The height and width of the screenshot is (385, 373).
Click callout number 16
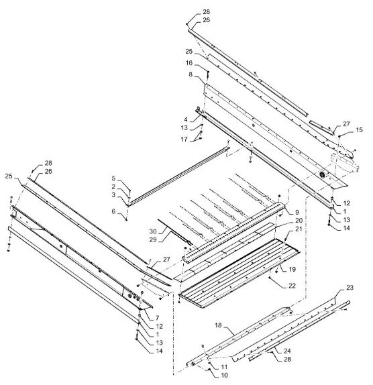click(x=189, y=63)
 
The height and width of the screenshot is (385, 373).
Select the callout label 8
click(x=191, y=74)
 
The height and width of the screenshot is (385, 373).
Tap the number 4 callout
click(x=186, y=119)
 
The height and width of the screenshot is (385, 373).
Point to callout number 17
click(x=184, y=140)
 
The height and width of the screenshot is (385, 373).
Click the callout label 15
click(x=359, y=130)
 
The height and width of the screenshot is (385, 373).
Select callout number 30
click(x=153, y=231)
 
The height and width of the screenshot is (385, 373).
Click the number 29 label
click(x=153, y=239)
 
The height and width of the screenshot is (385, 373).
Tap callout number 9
click(x=297, y=212)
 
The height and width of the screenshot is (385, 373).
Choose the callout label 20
click(x=299, y=221)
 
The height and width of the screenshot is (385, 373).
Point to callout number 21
click(x=299, y=229)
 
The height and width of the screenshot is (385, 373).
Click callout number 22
click(x=292, y=286)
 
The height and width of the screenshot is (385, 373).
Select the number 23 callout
click(x=350, y=287)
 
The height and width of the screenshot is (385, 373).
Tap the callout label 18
click(x=218, y=325)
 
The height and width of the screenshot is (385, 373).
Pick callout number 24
click(x=287, y=351)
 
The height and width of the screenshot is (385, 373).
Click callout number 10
click(x=224, y=376)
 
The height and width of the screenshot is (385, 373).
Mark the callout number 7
click(x=157, y=318)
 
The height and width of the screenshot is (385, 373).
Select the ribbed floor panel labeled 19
click(x=239, y=272)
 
